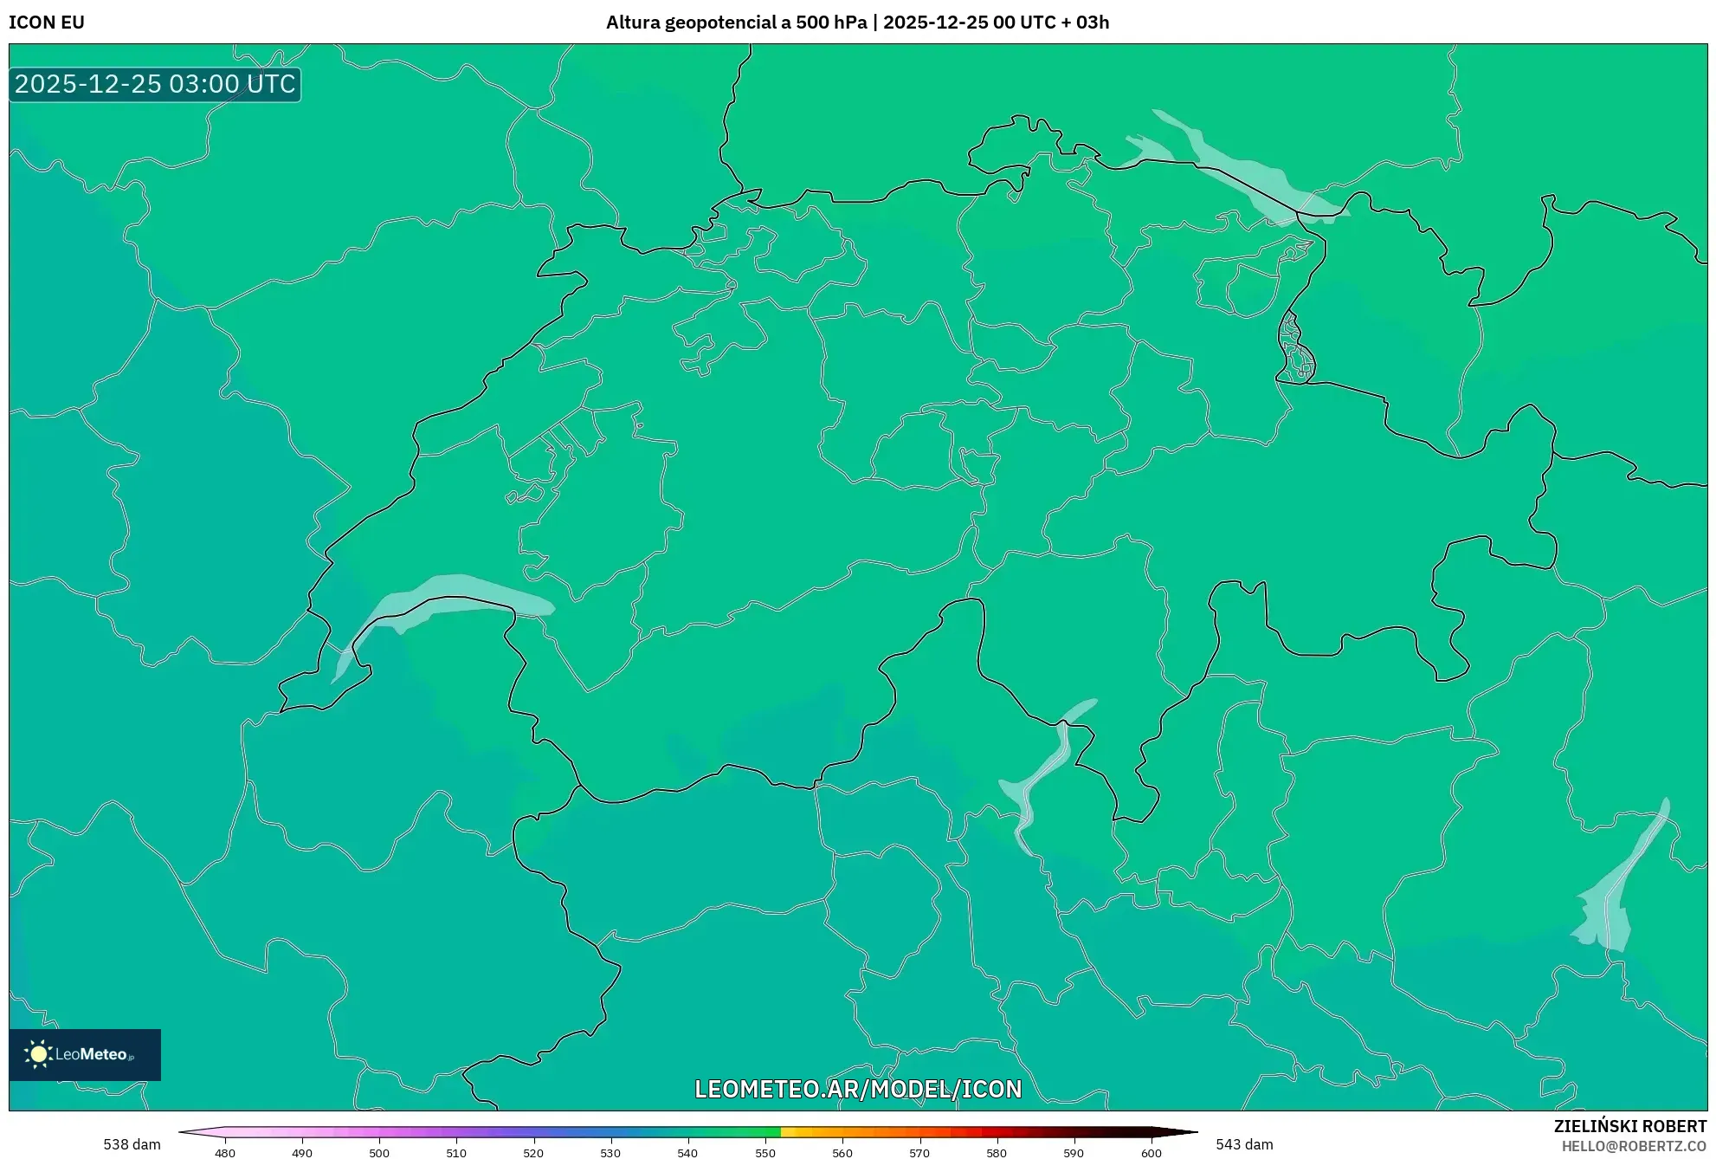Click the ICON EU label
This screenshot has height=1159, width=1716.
click(47, 23)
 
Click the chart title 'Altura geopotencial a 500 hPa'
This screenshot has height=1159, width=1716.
click(736, 23)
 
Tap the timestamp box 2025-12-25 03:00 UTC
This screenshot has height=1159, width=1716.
click(155, 84)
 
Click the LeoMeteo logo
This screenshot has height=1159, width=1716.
click(85, 1054)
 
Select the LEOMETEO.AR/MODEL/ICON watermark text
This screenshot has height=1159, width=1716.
click(858, 1089)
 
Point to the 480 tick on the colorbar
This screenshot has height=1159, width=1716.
click(225, 1152)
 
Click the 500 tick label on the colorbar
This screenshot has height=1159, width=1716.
click(379, 1152)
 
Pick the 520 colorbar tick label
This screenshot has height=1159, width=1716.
click(533, 1152)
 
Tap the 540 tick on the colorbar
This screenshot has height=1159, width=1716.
click(687, 1152)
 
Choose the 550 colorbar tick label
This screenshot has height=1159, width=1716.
click(765, 1152)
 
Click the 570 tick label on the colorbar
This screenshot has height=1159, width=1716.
click(919, 1152)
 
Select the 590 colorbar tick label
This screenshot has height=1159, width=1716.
click(1074, 1152)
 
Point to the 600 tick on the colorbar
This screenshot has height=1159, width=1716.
click(1151, 1152)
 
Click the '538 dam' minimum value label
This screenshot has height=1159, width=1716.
click(132, 1144)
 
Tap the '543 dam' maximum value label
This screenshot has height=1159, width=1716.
click(1244, 1144)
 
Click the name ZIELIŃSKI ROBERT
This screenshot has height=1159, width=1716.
click(1630, 1126)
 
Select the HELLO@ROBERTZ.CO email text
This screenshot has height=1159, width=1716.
click(1634, 1146)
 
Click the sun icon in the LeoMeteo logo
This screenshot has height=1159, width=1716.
click(38, 1054)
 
